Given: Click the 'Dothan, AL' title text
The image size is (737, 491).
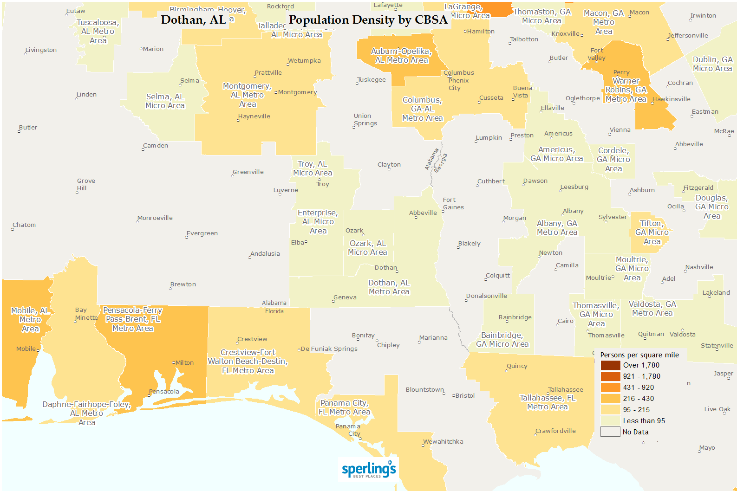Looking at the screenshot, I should click(x=193, y=19).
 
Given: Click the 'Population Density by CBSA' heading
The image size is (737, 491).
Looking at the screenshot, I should click(x=368, y=19).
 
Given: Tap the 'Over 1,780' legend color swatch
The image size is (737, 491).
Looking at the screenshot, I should click(x=610, y=365).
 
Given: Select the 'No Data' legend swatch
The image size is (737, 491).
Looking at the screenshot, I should click(x=610, y=432).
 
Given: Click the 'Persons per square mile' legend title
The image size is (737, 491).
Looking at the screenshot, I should click(x=639, y=355).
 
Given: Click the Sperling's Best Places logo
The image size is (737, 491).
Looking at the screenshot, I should click(x=369, y=469).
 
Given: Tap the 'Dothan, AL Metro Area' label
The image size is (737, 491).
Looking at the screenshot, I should click(x=389, y=287).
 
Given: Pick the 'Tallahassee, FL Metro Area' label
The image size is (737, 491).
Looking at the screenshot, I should click(x=547, y=402).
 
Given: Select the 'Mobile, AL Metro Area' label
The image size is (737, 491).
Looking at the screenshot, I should click(x=30, y=320).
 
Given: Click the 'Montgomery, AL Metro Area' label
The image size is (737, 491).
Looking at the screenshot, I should click(x=247, y=95).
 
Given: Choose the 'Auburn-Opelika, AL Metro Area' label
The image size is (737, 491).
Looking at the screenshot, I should click(x=401, y=56).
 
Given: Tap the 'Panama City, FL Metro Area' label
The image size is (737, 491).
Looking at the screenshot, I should click(x=344, y=407).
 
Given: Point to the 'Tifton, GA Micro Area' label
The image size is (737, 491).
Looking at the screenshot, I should click(x=652, y=233).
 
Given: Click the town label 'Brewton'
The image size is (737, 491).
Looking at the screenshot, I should click(x=183, y=284).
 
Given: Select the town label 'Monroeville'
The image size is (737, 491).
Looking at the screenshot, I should click(x=155, y=218).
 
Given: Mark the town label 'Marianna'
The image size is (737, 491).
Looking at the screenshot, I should click(x=433, y=338).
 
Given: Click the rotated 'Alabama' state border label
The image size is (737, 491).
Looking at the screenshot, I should click(x=431, y=159).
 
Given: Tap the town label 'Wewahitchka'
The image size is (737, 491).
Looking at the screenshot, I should click(x=443, y=442).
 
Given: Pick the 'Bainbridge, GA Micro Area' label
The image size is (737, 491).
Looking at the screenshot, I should click(x=502, y=340).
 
